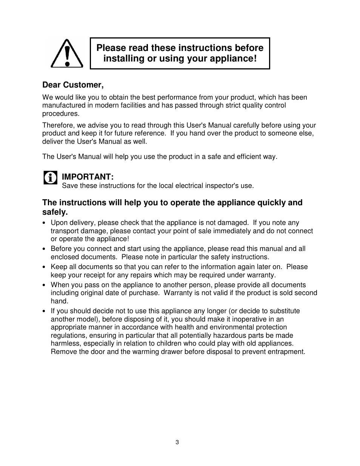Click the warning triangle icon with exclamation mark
pyautogui.click(x=67, y=54)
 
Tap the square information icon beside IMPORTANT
pyautogui.click(x=51, y=177)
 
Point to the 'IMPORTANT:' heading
pyautogui.click(x=88, y=177)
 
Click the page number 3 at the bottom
pyautogui.click(x=177, y=442)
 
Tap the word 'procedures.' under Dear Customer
pyautogui.click(x=61, y=114)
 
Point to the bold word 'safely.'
pyautogui.click(x=55, y=212)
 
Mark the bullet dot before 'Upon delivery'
pyautogui.click(x=45, y=223)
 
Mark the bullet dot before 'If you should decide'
pyautogui.click(x=45, y=311)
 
